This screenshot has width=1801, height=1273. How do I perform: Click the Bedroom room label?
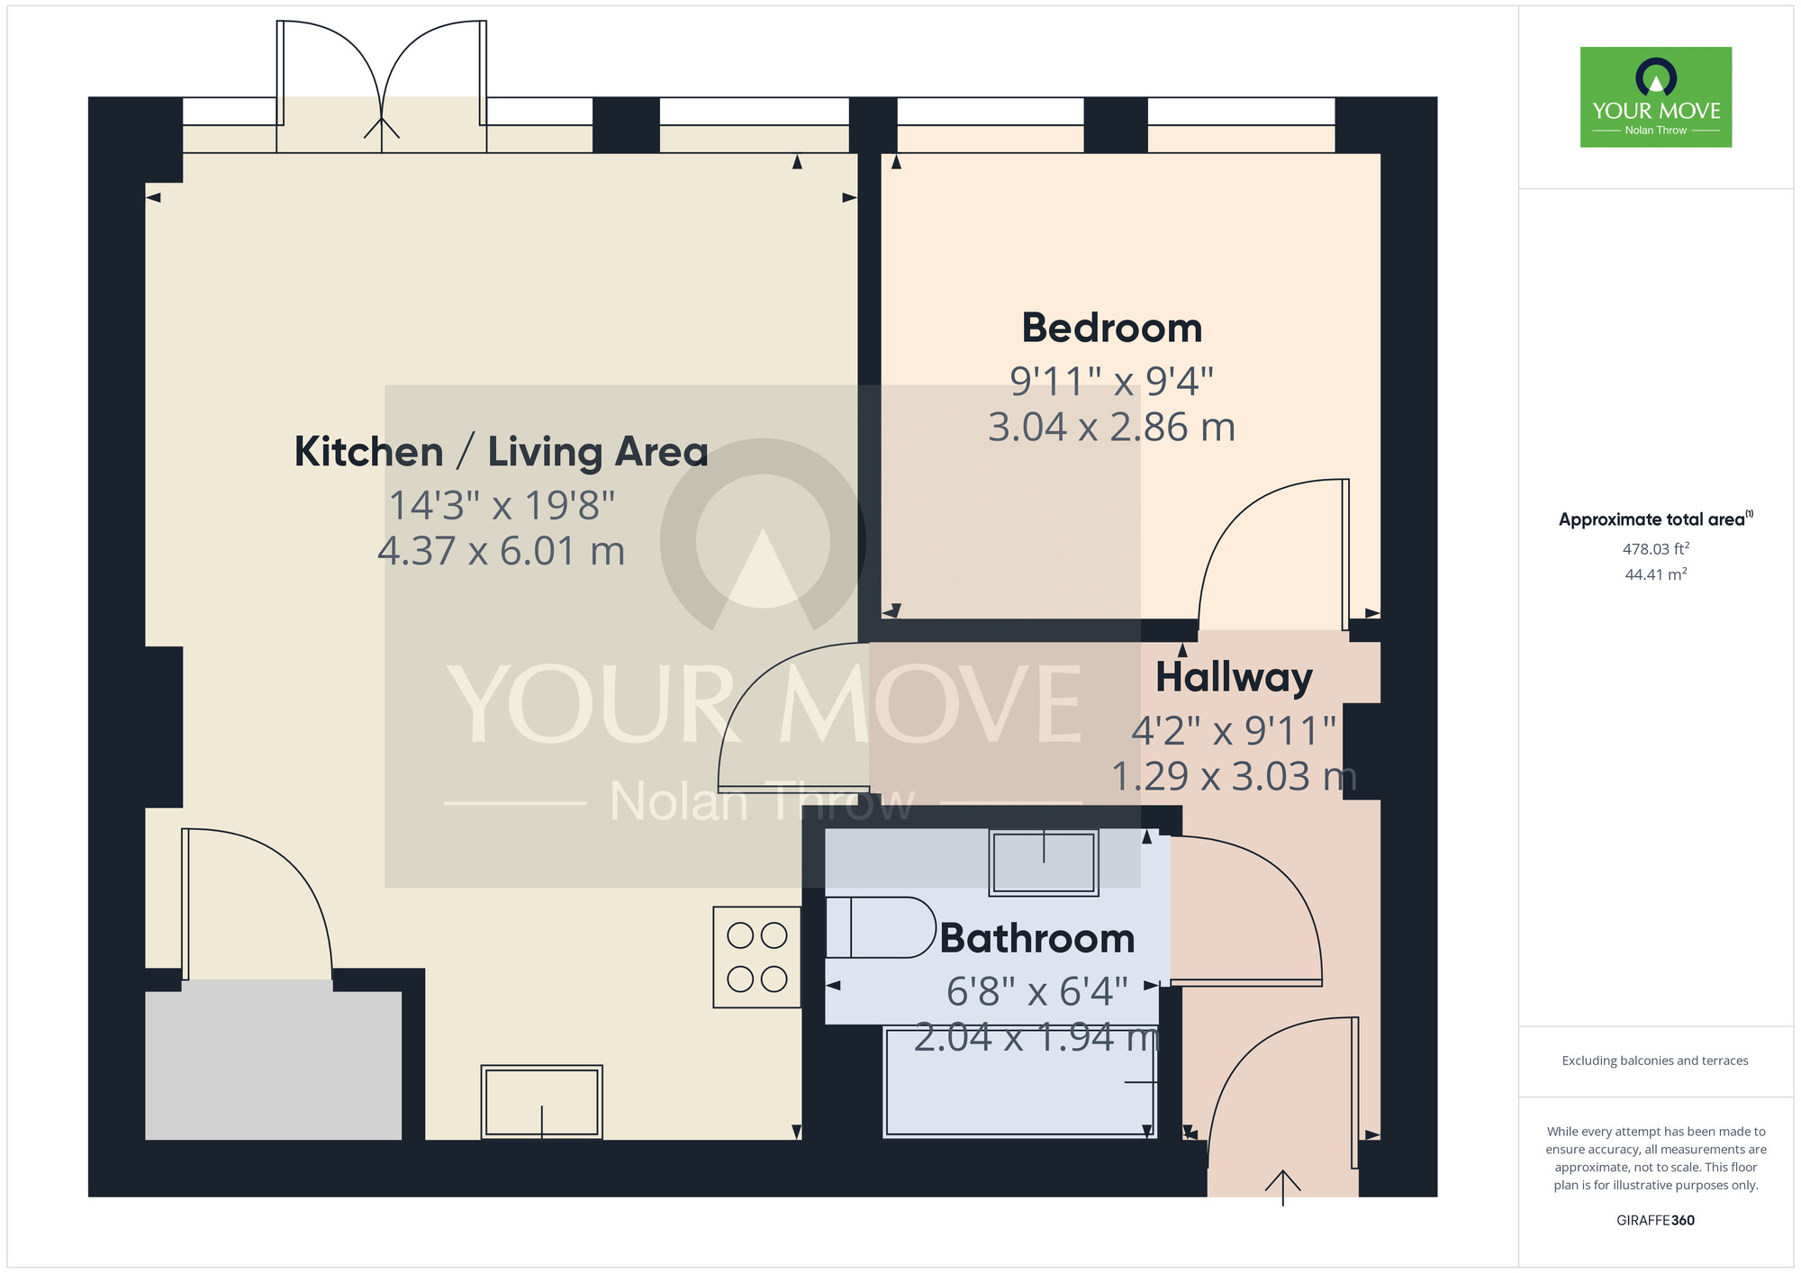(x=1111, y=328)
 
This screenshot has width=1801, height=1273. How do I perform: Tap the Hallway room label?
(x=1233, y=677)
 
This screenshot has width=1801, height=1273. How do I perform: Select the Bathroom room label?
(x=1036, y=939)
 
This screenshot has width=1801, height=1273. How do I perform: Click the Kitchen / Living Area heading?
(x=501, y=452)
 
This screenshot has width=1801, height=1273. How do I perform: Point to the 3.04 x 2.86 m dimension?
(x=1111, y=428)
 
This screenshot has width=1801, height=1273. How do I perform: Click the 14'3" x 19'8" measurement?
(x=501, y=506)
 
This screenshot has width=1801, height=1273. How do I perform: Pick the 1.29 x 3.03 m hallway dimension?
(x=1233, y=777)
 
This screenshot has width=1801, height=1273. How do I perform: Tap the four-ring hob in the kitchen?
(x=756, y=957)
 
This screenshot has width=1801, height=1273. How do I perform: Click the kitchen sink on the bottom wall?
(x=541, y=1102)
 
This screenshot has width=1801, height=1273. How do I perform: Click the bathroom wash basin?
(x=1043, y=862)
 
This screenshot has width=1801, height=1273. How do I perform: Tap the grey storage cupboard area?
(x=273, y=1065)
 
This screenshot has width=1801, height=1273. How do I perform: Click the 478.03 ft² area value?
(x=1655, y=548)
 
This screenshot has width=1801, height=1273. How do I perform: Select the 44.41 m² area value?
(x=1655, y=574)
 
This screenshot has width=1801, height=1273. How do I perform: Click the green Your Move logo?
(x=1655, y=97)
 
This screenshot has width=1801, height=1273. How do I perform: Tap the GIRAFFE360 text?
(x=1655, y=1220)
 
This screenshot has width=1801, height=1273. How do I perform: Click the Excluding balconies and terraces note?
(x=1655, y=1061)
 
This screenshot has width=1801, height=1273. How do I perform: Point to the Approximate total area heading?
(x=1653, y=519)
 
